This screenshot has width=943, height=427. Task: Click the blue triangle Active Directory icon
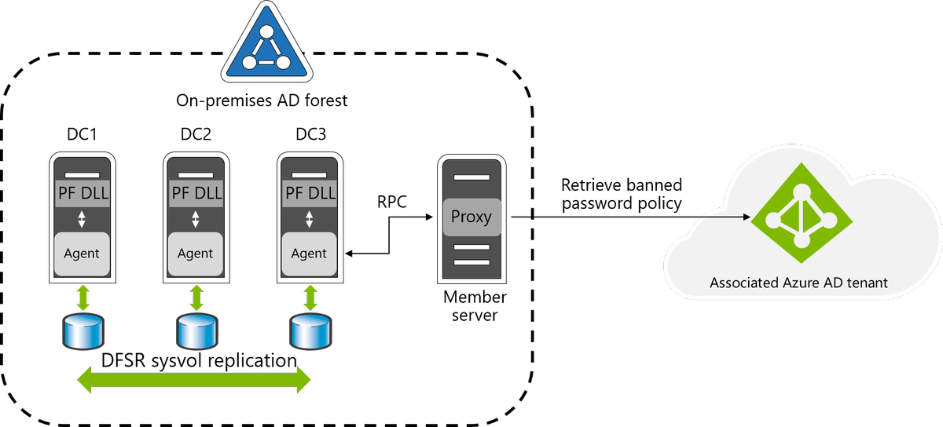pyautogui.click(x=267, y=46)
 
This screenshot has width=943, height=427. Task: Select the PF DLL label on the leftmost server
pyautogui.click(x=82, y=193)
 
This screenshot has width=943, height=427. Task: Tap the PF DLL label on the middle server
pyautogui.click(x=196, y=193)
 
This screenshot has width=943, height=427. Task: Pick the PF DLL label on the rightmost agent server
pyautogui.click(x=310, y=193)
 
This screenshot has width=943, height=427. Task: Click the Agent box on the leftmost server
pyautogui.click(x=82, y=253)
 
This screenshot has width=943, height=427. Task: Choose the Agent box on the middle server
pyautogui.click(x=196, y=253)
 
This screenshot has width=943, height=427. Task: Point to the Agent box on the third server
pyautogui.click(x=310, y=253)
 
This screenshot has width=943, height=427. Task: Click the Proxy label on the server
pyautogui.click(x=472, y=217)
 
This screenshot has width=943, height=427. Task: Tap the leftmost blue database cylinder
pyautogui.click(x=83, y=332)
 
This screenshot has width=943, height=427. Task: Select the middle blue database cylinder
pyautogui.click(x=196, y=332)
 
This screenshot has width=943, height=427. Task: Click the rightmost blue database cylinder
pyautogui.click(x=310, y=332)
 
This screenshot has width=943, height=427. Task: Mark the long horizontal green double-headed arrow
pyautogui.click(x=195, y=381)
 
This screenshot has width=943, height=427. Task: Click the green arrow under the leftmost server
pyautogui.click(x=83, y=297)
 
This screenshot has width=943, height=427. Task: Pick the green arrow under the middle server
pyautogui.click(x=196, y=297)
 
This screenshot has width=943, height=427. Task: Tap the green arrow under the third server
pyautogui.click(x=310, y=297)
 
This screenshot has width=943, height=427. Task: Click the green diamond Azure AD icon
pyautogui.click(x=801, y=213)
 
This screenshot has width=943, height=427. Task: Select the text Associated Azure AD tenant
pyautogui.click(x=798, y=283)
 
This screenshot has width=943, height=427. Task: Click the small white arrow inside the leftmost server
pyautogui.click(x=82, y=220)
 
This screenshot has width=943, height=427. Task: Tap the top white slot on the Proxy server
pyautogui.click(x=472, y=178)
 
